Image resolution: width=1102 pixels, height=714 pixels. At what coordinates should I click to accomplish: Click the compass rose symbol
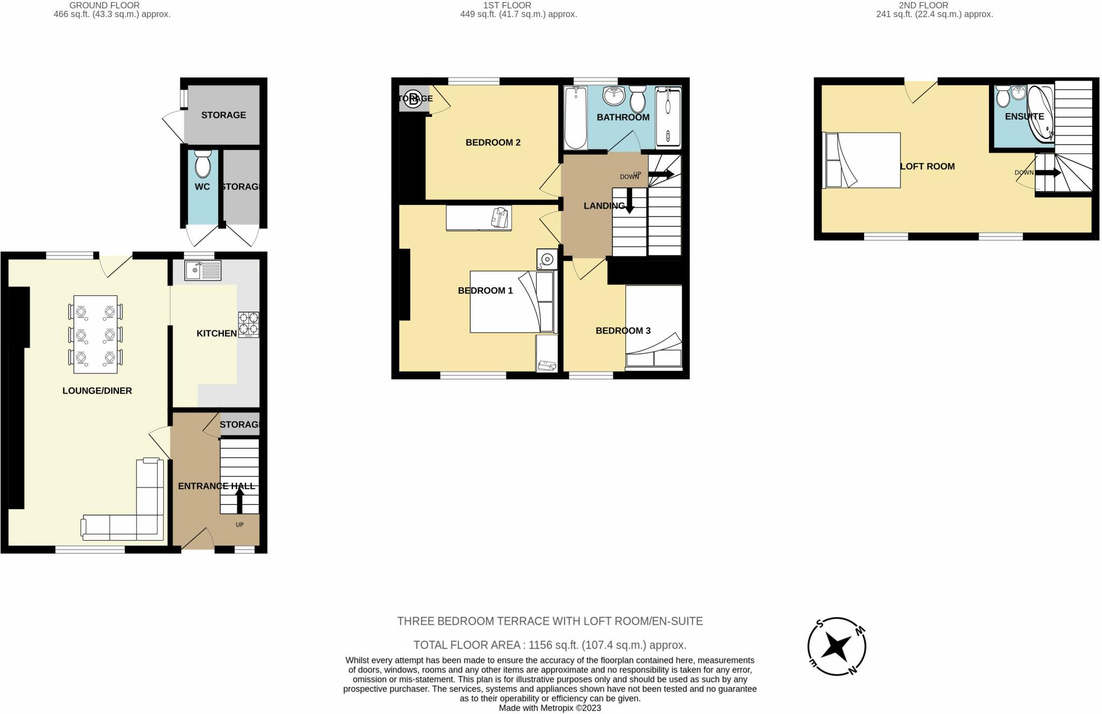coord(837,646)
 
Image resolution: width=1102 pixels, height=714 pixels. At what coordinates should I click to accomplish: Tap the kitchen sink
coord(202,270)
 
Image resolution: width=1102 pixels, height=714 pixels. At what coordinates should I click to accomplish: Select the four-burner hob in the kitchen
coord(249,324)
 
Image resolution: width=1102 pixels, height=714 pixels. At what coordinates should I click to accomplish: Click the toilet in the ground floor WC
coord(203,165)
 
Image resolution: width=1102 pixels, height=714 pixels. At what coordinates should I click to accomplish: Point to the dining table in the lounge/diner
coord(95,334)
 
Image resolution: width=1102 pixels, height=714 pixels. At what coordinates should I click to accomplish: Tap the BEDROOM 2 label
coord(492,143)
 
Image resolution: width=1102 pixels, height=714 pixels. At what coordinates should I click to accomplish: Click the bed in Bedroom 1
coord(511,301)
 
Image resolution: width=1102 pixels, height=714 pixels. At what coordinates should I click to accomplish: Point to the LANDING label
coord(604,206)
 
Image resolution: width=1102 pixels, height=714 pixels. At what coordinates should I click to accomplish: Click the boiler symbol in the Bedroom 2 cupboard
coord(413,99)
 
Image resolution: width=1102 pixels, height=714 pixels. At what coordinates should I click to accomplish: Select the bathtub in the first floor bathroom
coord(575,118)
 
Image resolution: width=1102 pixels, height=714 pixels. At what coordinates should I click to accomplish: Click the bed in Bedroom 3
coord(654,326)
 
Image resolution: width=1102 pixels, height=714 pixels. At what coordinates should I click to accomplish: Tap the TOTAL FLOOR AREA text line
coord(549,645)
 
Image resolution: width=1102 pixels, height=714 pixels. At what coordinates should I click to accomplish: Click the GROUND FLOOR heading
coord(104,5)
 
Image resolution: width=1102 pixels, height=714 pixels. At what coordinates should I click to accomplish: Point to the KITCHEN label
coord(216,334)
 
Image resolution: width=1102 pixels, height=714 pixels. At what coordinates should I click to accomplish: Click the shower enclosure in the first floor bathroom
coord(668,118)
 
